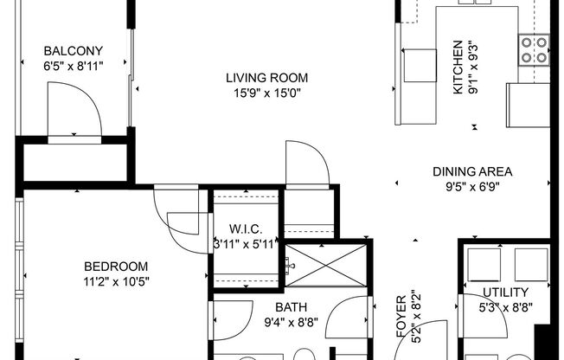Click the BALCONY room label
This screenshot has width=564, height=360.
pyautogui.click(x=74, y=50)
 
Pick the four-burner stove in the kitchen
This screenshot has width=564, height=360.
pyautogui.click(x=533, y=49)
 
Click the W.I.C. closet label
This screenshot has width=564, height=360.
pyautogui.click(x=246, y=229)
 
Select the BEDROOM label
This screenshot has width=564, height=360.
pyautogui.click(x=115, y=267)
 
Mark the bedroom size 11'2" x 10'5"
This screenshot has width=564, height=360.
pyautogui.click(x=115, y=280)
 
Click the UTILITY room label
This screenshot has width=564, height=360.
pyautogui.click(x=506, y=292)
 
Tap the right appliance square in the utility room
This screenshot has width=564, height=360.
pyautogui.click(x=531, y=264)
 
